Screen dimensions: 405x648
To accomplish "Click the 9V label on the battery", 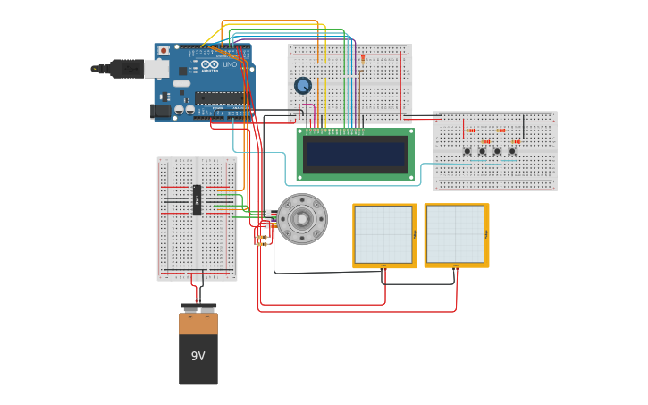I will [x=198, y=356].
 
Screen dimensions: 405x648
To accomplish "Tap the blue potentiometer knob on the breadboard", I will [x=303, y=86].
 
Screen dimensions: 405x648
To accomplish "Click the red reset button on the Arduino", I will [x=164, y=51].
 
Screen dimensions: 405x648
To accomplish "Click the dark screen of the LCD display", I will [x=355, y=154].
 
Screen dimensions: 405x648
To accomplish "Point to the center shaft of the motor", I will [x=302, y=219].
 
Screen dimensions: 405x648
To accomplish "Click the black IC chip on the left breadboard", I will [x=197, y=200].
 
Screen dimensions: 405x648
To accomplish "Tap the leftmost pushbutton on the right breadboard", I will [x=467, y=151].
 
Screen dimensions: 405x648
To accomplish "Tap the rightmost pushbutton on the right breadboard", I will [x=512, y=151].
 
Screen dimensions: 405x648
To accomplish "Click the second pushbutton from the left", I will [x=482, y=151].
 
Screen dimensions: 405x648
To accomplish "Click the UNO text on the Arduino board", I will [x=230, y=64].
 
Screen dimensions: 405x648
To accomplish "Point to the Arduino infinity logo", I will [x=209, y=64].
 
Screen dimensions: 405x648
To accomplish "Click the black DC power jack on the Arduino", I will [x=161, y=111].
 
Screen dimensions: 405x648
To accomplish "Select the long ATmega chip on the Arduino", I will [x=221, y=97].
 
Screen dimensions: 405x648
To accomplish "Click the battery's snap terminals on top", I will [x=198, y=309].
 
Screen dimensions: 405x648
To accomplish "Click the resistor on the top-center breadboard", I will [x=362, y=58].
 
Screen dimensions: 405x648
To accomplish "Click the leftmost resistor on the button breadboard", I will [x=471, y=131].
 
